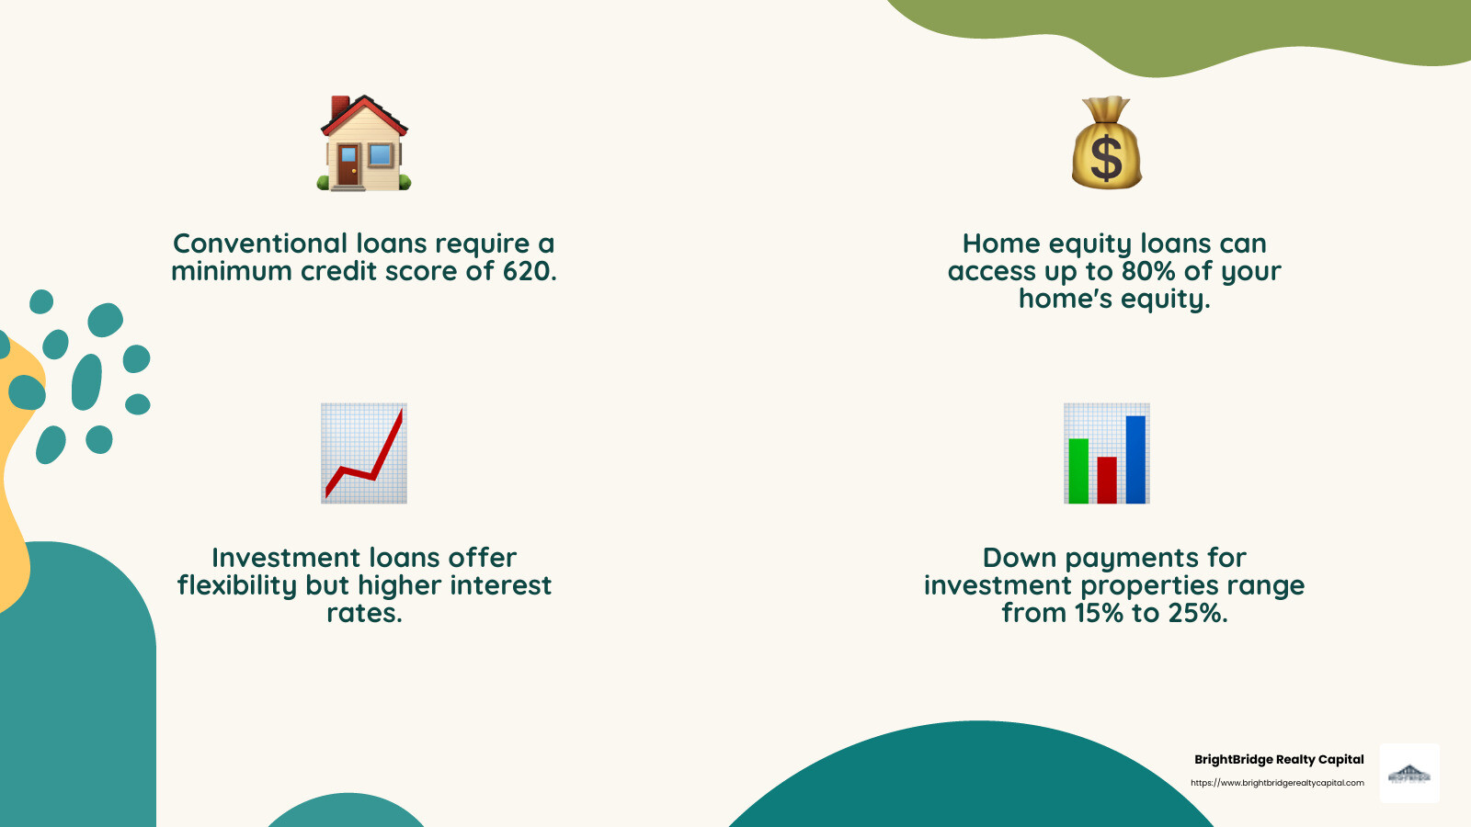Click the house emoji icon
click(364, 143)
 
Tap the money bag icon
click(1106, 143)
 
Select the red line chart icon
click(364, 453)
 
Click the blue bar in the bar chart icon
click(1135, 459)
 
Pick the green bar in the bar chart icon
click(1078, 470)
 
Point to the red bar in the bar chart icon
click(1107, 480)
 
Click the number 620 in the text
click(528, 271)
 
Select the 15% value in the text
click(1099, 613)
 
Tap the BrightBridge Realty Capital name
click(1279, 759)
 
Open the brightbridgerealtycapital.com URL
click(1277, 783)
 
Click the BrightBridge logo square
click(1409, 774)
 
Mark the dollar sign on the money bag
click(1106, 157)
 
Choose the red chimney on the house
click(340, 107)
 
